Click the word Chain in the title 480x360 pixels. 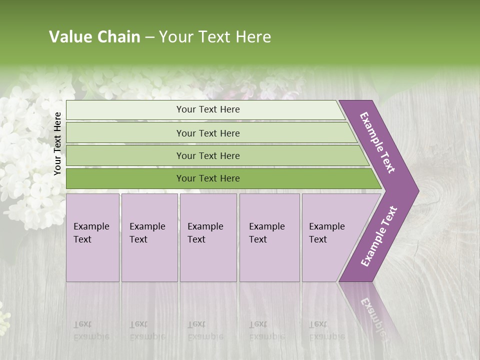click(x=118, y=37)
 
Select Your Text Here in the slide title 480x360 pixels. click(x=215, y=37)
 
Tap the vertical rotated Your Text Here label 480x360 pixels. click(x=57, y=143)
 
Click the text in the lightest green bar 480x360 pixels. click(x=208, y=109)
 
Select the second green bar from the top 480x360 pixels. click(x=208, y=133)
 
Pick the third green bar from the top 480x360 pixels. click(x=208, y=155)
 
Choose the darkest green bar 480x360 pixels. click(x=208, y=178)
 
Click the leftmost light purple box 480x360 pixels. click(x=92, y=237)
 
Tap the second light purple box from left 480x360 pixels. click(x=149, y=237)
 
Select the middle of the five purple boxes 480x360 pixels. click(x=208, y=237)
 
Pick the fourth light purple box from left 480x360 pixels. click(x=269, y=237)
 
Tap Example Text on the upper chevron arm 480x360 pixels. click(x=377, y=142)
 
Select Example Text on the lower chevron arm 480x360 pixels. click(x=379, y=236)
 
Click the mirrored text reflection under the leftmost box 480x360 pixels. click(x=91, y=330)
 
